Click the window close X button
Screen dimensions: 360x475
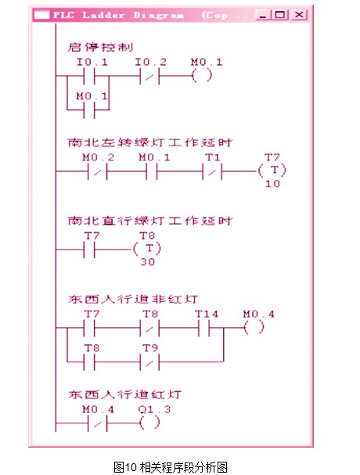pos(299,15)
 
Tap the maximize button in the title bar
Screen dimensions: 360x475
pos(280,15)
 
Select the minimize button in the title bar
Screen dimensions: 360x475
pos(262,15)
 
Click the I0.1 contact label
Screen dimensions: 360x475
pos(92,63)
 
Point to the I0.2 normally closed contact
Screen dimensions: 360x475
pos(149,76)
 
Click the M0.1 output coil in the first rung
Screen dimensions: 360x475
pos(202,75)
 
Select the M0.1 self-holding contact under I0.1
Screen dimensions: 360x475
pos(89,110)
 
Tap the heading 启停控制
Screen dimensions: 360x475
pos(100,47)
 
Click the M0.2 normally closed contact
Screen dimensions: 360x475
pos(98,171)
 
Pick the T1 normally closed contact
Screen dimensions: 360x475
pos(212,171)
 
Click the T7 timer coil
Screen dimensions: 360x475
pos(272,171)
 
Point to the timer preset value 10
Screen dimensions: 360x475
pos(272,184)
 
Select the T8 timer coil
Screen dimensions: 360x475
pos(147,249)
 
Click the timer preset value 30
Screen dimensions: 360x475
pos(148,261)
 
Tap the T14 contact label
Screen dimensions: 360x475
pos(207,314)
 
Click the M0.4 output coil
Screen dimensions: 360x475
pos(254,327)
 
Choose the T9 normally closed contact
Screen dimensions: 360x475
pos(149,362)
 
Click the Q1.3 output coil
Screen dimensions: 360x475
pos(149,423)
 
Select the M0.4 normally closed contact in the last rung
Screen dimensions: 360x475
pos(98,423)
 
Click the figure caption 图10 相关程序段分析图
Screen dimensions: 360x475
pos(171,467)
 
